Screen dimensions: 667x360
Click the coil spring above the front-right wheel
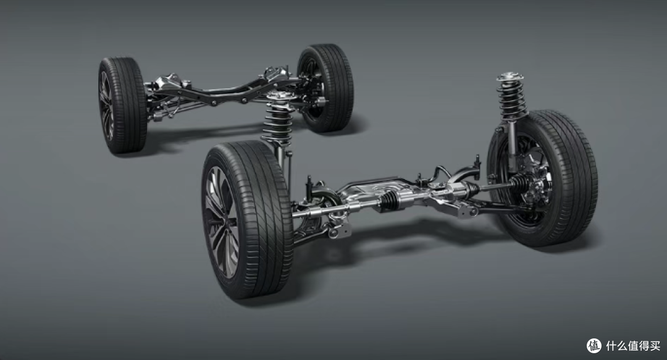coord(512,100)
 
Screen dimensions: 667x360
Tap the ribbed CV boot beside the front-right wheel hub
coord(519,183)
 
